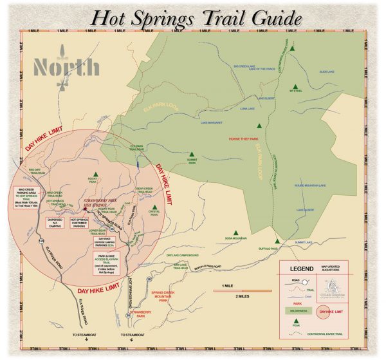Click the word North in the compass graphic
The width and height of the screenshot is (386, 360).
pyautogui.click(x=67, y=67)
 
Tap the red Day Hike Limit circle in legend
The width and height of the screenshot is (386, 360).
pyautogui.click(x=328, y=312)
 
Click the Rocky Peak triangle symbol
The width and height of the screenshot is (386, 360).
pyautogui.click(x=95, y=174)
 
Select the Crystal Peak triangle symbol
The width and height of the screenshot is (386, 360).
pyautogui.click(x=154, y=207)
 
